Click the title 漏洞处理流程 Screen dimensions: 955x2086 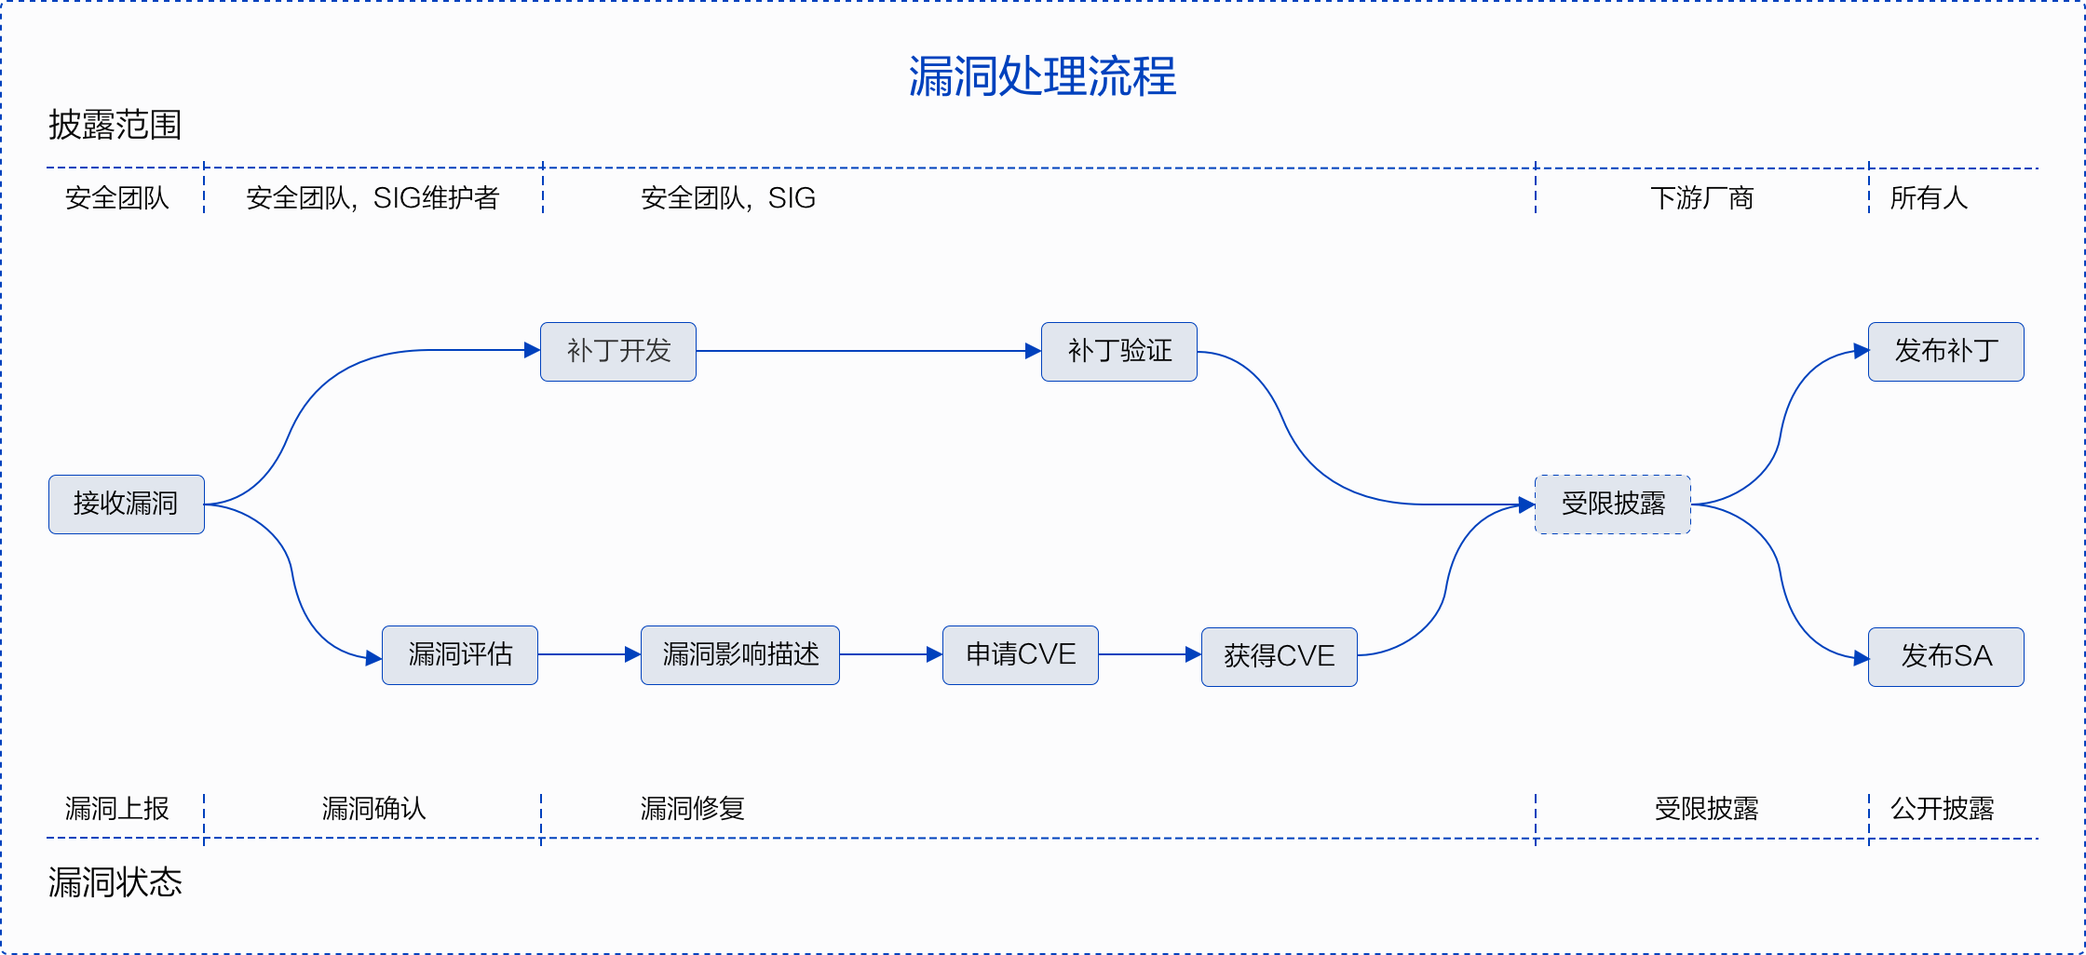[x=1042, y=76]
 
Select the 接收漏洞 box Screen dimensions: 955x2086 [x=127, y=504]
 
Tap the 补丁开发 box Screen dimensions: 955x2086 [x=618, y=352]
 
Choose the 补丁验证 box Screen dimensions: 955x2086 [x=1119, y=352]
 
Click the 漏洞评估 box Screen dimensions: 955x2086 [x=460, y=655]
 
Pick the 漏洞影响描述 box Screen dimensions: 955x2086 [x=740, y=655]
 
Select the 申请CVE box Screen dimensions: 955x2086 [x=1021, y=655]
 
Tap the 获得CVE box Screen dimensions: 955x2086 [x=1280, y=657]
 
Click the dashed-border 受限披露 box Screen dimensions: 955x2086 [x=1613, y=504]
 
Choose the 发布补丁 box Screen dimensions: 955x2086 [x=1946, y=352]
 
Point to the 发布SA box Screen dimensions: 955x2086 [x=1946, y=657]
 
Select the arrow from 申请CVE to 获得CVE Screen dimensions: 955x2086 [x=1150, y=654]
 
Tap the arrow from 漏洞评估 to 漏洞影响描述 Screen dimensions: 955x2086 [x=589, y=654]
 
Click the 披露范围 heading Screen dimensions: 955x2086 [x=115, y=125]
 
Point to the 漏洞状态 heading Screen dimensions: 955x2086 [x=115, y=882]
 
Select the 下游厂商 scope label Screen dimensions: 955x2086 [x=1702, y=198]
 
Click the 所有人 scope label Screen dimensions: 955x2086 [x=1929, y=198]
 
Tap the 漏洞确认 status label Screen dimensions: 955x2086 [x=373, y=809]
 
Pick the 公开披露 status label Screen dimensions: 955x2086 [x=1943, y=809]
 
